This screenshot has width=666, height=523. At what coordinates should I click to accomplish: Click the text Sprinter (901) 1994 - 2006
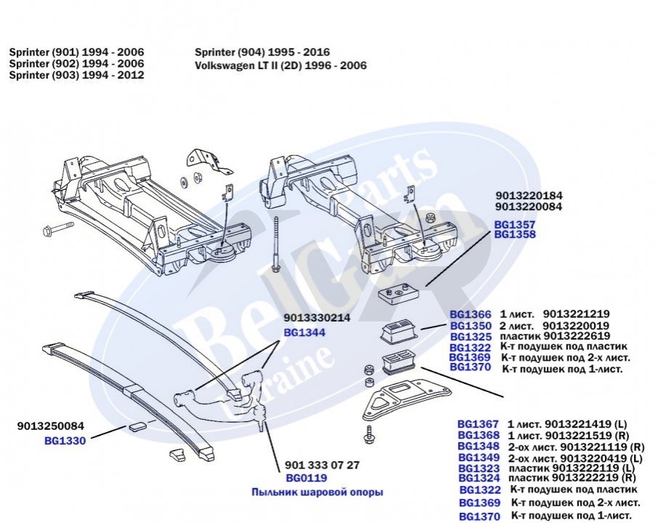(x=76, y=52)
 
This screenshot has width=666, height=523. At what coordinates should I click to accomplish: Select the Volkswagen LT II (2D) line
(x=281, y=65)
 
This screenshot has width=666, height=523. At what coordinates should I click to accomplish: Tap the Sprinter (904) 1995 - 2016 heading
(x=262, y=52)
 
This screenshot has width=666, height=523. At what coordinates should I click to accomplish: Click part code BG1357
(x=515, y=225)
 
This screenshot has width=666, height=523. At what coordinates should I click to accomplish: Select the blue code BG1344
(x=304, y=332)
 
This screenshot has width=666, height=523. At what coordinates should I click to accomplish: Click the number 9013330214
(x=318, y=318)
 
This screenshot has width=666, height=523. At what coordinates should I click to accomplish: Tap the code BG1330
(x=65, y=440)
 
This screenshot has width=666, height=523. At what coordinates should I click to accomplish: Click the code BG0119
(x=306, y=478)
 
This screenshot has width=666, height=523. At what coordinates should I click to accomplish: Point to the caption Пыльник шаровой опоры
(x=317, y=492)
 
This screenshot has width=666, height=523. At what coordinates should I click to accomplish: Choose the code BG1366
(x=471, y=314)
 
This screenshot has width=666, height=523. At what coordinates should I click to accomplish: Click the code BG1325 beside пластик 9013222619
(x=470, y=336)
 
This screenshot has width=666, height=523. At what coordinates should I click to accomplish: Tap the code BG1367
(x=478, y=423)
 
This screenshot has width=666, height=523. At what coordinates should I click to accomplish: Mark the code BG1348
(x=478, y=446)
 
